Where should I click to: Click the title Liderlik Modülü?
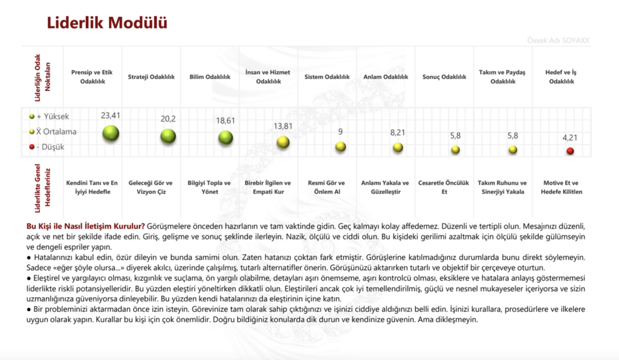(107, 23)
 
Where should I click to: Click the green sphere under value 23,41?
(111, 133)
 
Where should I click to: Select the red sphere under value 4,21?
(570, 150)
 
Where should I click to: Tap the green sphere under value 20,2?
(168, 136)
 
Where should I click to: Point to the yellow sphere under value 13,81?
(282, 143)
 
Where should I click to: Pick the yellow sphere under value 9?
(340, 146)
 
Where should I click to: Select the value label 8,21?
(397, 131)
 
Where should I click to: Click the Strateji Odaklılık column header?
(151, 77)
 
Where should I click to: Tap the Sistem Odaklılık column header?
(327, 77)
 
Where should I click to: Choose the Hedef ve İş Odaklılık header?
(561, 77)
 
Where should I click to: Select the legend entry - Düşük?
(48, 147)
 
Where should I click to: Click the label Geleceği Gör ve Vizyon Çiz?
(153, 187)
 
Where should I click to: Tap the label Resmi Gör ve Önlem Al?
(326, 187)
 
